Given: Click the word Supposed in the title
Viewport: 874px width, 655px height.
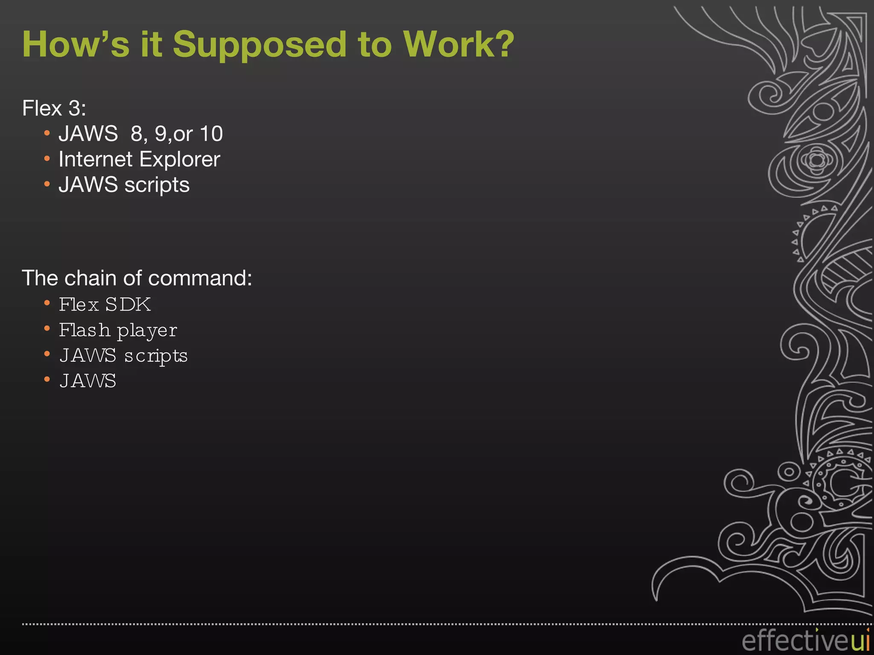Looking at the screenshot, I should pos(259,45).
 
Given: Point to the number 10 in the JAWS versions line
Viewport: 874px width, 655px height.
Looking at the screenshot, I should pos(211,134).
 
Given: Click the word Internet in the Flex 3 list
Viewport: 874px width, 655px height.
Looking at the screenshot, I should pos(96,159).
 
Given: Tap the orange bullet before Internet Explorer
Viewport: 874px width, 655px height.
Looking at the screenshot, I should pos(47,159).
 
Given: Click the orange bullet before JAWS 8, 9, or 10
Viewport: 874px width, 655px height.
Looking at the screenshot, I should pos(47,133).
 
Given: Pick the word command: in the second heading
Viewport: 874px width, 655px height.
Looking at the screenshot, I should pos(200,278).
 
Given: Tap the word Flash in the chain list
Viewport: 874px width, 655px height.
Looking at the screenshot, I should pos(84,330).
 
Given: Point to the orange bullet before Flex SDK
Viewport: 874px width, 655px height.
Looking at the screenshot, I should pos(47,304).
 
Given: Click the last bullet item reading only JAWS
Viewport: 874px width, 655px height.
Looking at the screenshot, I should pos(87,381).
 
